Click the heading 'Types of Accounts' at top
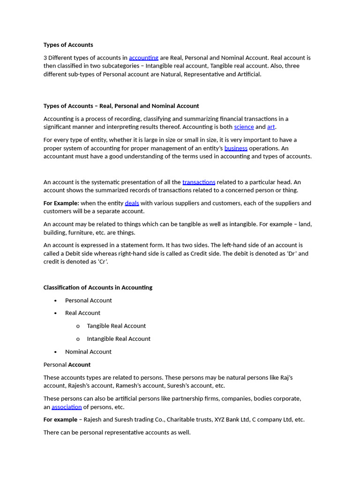68,45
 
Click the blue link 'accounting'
143,58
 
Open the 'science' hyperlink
244,127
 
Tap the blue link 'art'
271,127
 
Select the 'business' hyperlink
236,148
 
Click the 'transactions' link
199,182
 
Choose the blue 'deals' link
132,203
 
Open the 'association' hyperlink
67,407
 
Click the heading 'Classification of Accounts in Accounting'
97,287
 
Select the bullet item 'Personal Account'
88,300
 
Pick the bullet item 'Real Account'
82,313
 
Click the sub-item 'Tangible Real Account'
116,326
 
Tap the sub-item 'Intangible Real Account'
119,339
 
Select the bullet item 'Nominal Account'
88,352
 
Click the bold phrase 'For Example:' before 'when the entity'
61,203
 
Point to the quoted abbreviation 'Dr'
291,254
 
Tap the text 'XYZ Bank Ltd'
232,420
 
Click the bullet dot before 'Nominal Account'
55,352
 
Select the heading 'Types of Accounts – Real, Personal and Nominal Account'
121,106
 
